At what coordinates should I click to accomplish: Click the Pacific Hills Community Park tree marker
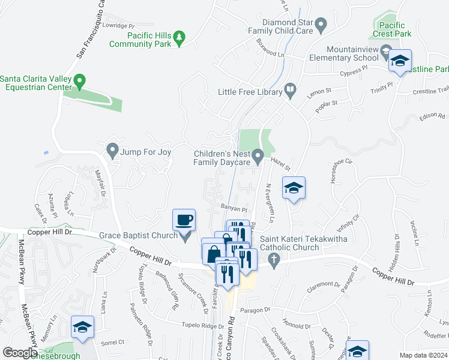pyautogui.click(x=178, y=39)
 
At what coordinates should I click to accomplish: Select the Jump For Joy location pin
pyautogui.click(x=112, y=150)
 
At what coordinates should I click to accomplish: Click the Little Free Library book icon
pyautogui.click(x=291, y=91)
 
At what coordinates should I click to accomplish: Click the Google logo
pyautogui.click(x=19, y=353)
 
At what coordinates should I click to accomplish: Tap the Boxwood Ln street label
pyautogui.click(x=270, y=48)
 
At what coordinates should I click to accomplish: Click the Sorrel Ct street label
pyautogui.click(x=112, y=342)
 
